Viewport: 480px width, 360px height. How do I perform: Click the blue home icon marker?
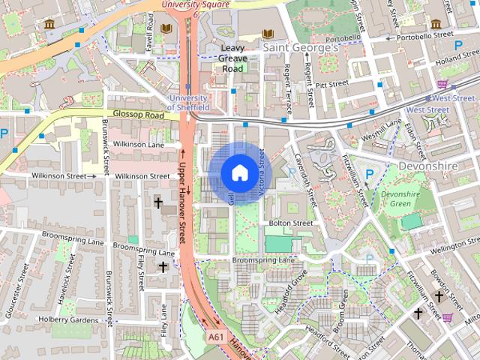238,172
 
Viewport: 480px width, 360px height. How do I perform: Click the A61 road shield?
216,337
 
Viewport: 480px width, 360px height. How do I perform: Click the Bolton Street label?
290,223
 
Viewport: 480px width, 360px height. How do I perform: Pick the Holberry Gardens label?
67,320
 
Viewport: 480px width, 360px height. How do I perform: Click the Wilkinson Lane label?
140,143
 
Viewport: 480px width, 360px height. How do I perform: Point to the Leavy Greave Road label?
232,58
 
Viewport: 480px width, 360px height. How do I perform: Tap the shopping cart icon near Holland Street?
443,83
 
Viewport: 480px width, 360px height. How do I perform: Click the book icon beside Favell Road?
166,28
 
